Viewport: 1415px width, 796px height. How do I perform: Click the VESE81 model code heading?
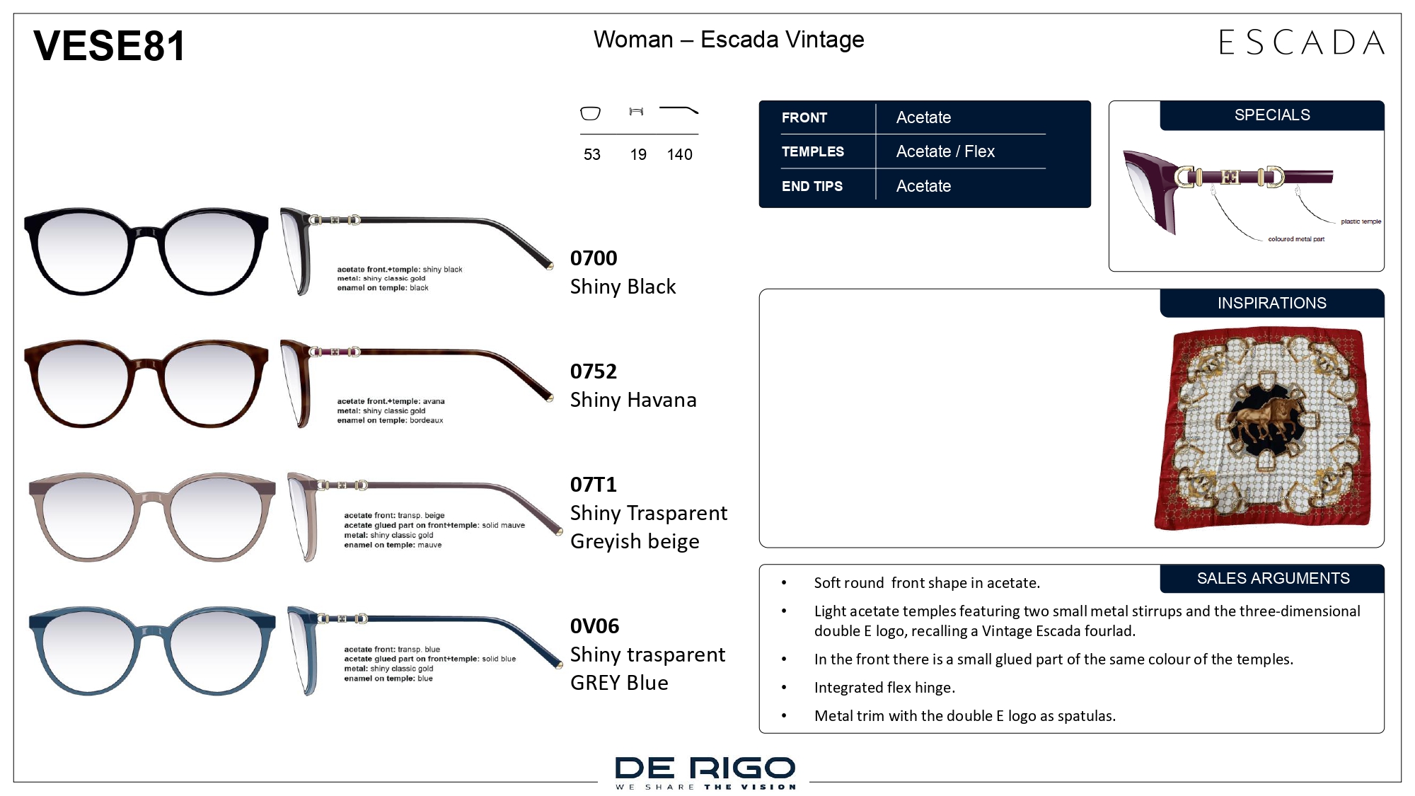click(109, 46)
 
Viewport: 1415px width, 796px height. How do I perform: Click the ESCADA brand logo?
click(1302, 42)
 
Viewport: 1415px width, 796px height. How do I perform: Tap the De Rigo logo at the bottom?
click(705, 772)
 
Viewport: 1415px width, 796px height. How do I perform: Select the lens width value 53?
click(592, 154)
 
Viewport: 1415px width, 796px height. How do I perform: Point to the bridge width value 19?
click(638, 154)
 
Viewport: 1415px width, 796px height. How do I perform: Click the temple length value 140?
click(679, 154)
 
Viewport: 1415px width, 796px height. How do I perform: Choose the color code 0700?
click(594, 258)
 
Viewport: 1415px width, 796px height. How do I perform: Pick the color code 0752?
click(594, 371)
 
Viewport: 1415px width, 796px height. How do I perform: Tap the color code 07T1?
click(594, 484)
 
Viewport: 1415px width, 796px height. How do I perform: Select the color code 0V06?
click(594, 625)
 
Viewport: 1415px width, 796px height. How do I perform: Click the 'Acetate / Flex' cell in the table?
click(945, 151)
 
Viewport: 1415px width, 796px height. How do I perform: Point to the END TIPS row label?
click(812, 186)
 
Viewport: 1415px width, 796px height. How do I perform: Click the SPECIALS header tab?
click(1272, 115)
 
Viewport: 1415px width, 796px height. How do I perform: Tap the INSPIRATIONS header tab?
click(1272, 303)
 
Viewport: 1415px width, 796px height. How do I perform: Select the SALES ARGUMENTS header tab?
click(1272, 578)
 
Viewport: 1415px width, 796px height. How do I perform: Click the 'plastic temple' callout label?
click(1361, 221)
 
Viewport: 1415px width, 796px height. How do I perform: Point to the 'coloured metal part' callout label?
click(1296, 239)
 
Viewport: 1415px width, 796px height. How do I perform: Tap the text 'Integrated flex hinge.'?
click(884, 687)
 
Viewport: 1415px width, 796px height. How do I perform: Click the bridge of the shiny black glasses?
click(146, 232)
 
